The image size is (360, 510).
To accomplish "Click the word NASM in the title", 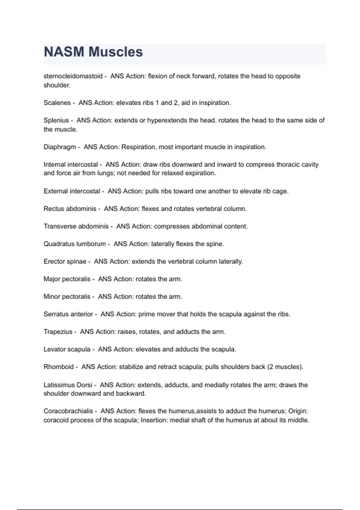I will tap(64, 52).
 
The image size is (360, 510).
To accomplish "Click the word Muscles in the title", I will tap(116, 52).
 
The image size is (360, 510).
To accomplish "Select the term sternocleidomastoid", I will tap(73, 76).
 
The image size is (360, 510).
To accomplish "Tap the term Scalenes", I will tap(57, 103).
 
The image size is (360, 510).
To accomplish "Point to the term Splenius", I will tap(56, 120).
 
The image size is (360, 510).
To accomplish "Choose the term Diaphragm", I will tap(60, 147).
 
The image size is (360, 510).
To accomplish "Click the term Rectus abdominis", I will tap(70, 208).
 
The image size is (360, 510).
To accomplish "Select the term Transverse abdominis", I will tap(76, 226).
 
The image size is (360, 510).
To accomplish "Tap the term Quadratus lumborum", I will tap(75, 244).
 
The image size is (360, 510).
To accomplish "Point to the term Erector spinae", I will tap(65, 261).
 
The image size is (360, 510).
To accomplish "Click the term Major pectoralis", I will tap(67, 279).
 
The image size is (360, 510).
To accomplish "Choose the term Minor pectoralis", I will tap(67, 297).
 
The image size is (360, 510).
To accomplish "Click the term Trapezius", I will tap(58, 332).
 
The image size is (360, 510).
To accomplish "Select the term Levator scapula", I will tap(67, 349).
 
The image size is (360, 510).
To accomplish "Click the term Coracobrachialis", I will tap(68, 411).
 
